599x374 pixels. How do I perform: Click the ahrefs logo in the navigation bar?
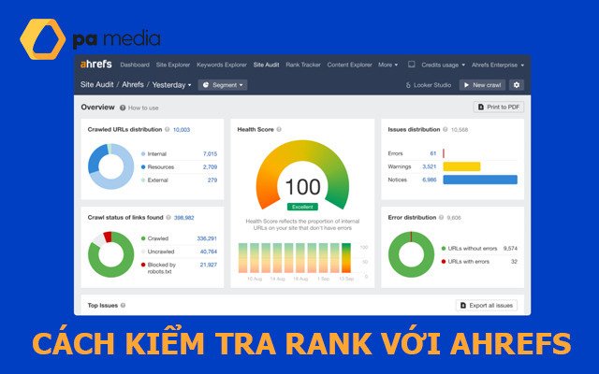click(96, 65)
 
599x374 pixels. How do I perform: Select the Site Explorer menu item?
click(173, 65)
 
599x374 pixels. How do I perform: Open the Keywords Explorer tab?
click(223, 65)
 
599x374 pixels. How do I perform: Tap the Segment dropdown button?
click(222, 84)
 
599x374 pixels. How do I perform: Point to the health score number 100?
click(301, 186)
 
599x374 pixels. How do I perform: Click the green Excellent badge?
click(301, 207)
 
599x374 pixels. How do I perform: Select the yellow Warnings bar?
click(461, 166)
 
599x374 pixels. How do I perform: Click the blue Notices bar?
click(479, 179)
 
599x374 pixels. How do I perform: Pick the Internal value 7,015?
click(210, 153)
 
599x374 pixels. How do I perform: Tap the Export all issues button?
click(487, 306)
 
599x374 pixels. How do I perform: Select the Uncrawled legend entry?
click(161, 252)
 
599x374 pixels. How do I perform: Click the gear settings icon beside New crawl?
click(517, 84)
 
